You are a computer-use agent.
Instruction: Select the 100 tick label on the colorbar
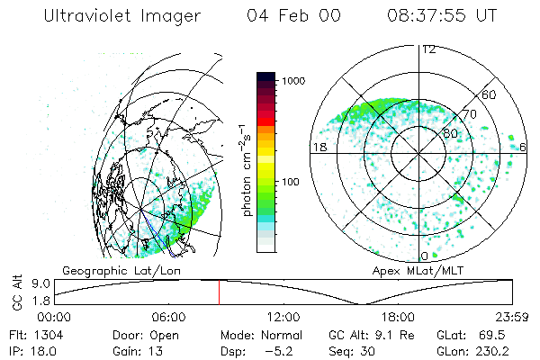[292, 182]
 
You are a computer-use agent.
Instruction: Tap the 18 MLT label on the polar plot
[318, 146]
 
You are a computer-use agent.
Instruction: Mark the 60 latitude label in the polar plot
[490, 94]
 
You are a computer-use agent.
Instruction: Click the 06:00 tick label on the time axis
[169, 316]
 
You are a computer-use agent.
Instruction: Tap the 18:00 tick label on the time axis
[399, 316]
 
